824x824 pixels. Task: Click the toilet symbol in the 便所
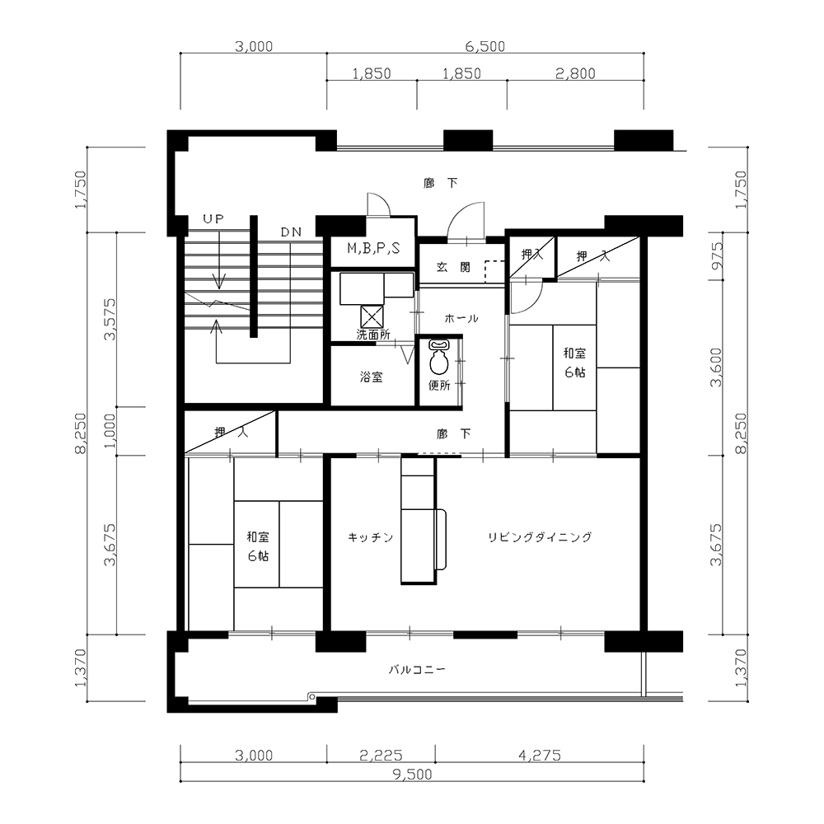tap(438, 357)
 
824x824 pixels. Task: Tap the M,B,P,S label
tap(373, 248)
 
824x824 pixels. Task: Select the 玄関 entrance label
tap(453, 267)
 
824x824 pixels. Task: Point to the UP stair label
tap(214, 219)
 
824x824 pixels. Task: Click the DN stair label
tap(291, 232)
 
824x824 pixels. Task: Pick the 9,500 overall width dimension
tap(412, 774)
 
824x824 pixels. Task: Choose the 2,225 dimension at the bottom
tap(381, 756)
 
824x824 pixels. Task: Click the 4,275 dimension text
tap(540, 756)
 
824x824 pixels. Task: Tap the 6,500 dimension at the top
tap(485, 47)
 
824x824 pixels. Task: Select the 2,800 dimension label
tap(575, 73)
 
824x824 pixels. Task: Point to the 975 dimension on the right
tap(717, 255)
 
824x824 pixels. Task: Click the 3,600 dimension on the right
tap(717, 368)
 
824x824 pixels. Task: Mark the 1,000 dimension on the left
tap(110, 431)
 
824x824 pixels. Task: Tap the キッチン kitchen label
tap(371, 537)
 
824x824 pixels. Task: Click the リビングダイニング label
tap(540, 537)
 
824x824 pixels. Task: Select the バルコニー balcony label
tap(417, 669)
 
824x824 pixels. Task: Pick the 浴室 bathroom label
tap(371, 377)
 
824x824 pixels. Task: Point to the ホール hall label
tap(461, 318)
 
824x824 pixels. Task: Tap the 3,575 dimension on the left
tap(110, 319)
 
